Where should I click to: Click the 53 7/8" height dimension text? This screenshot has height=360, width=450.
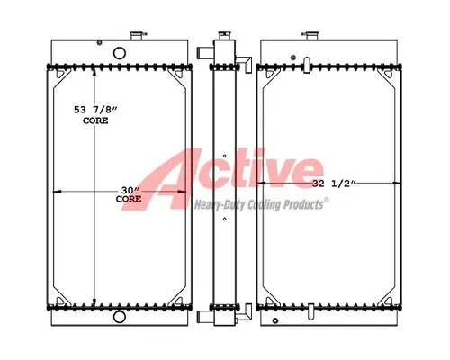(x=95, y=109)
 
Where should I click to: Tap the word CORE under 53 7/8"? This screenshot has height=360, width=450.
(x=94, y=120)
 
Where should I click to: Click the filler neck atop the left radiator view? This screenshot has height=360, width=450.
(x=139, y=36)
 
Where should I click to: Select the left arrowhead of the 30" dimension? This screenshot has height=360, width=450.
(x=58, y=191)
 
